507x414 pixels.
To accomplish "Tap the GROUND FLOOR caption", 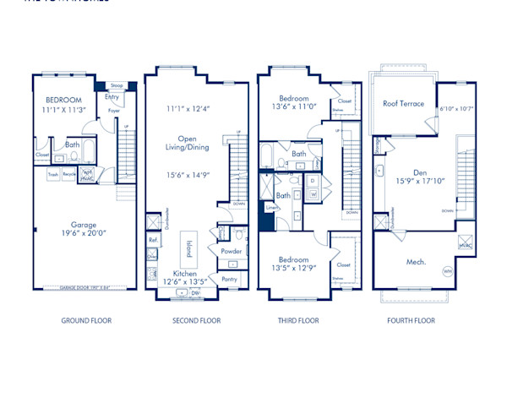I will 86,321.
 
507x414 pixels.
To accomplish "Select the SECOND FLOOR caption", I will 196,321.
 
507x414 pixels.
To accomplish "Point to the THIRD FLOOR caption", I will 298,321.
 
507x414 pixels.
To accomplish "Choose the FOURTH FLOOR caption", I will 411,321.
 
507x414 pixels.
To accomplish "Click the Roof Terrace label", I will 403,104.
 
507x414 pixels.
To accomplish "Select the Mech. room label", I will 416,262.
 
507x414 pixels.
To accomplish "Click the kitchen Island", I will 188,248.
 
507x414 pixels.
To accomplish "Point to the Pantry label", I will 229,279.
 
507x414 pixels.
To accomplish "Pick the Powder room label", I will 231,251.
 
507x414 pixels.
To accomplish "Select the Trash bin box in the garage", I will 53,175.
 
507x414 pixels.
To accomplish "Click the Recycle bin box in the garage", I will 68,175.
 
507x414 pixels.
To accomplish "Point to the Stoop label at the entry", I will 116,85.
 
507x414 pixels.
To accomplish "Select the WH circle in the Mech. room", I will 447,271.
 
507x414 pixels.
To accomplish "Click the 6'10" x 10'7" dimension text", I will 456,109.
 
